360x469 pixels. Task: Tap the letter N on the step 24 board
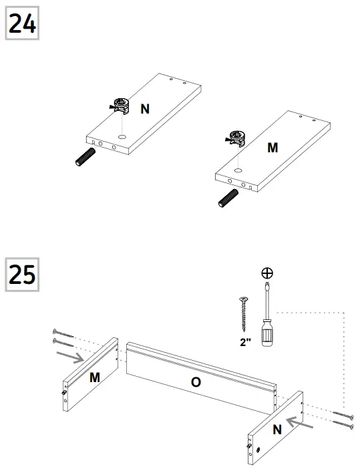tap(144, 109)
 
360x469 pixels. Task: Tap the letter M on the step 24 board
tap(273, 148)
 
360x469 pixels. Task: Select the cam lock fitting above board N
tap(121, 104)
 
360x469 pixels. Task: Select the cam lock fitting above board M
tap(237, 138)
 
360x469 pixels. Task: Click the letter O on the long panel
tap(196, 381)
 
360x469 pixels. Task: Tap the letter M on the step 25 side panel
tap(95, 377)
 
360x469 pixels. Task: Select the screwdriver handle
tap(267, 332)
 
